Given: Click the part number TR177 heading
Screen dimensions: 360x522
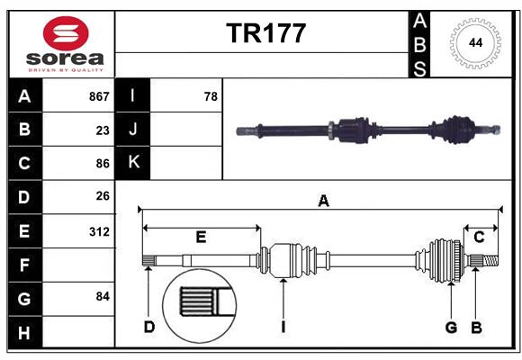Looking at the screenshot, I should [x=265, y=33].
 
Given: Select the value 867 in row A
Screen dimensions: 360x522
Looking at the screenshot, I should [x=99, y=95].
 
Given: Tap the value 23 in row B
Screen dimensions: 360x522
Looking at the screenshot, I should [x=102, y=130].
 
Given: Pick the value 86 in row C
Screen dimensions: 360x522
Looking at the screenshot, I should [x=102, y=164].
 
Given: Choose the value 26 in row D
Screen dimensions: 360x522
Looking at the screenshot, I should [x=102, y=196].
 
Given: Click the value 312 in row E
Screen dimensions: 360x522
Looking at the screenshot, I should [x=99, y=230].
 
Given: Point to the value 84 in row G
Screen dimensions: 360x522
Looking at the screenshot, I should [x=102, y=296].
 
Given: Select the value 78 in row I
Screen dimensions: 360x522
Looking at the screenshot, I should [x=211, y=95].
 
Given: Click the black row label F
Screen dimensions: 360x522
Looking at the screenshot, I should [x=24, y=265].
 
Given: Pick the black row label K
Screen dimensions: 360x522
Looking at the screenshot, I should [x=133, y=163].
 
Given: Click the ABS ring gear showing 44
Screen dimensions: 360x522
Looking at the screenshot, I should [x=472, y=43].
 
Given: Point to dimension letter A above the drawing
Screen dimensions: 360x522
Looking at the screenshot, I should [x=323, y=202].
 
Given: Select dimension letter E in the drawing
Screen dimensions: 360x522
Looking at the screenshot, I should [x=201, y=238].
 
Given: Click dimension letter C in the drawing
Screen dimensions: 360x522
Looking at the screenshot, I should [x=479, y=238].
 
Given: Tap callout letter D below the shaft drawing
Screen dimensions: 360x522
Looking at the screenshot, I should [x=149, y=327].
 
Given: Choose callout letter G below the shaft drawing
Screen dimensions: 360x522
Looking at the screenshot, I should [x=451, y=327].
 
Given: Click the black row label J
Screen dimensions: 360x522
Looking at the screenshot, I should [x=133, y=130].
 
